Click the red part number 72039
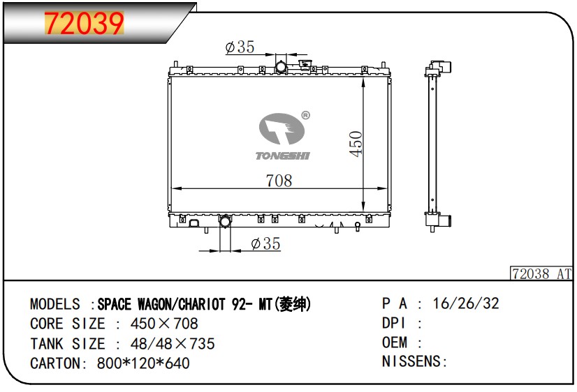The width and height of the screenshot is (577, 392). [84, 23]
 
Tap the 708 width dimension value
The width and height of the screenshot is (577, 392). [279, 181]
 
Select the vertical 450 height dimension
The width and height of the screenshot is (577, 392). [356, 144]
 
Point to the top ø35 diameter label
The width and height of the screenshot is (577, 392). [240, 47]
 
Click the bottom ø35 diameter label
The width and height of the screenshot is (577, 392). [265, 243]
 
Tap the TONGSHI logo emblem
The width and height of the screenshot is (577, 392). [282, 128]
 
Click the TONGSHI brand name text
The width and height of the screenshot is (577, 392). [283, 156]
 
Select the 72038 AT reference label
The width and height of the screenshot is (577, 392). [541, 273]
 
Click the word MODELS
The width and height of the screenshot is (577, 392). [54, 304]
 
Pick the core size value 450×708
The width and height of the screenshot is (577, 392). [164, 324]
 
